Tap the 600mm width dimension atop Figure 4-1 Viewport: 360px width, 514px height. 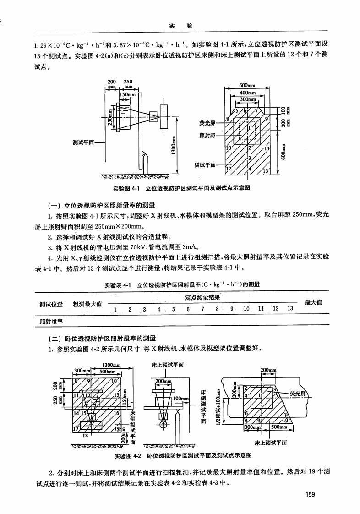(247, 85)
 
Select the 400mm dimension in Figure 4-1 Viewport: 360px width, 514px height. (247, 93)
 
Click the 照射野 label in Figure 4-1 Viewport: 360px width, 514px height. (207, 135)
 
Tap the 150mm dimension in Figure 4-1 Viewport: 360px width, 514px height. (128, 94)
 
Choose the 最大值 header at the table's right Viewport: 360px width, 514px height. (313, 302)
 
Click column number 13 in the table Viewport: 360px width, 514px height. (290, 309)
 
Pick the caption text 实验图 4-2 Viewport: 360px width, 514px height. (129, 456)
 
